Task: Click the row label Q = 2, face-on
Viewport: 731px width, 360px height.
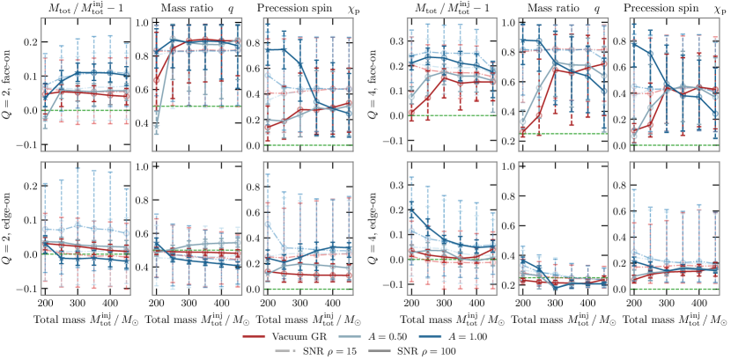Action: point(10,81)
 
